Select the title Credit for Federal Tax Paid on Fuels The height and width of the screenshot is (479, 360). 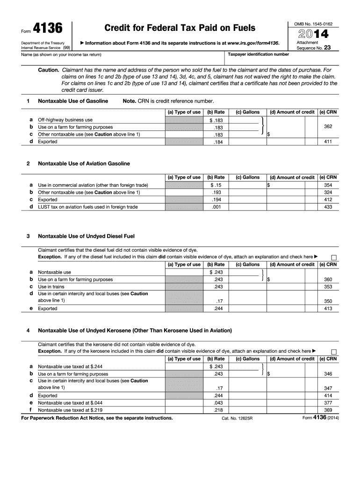[180, 28]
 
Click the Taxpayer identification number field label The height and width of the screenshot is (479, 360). [258, 54]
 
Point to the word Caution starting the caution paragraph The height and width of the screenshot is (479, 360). [48, 69]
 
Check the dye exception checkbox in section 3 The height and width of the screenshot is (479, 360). [334, 257]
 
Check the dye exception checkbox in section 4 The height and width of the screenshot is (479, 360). [334, 351]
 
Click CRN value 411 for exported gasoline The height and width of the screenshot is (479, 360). [328, 142]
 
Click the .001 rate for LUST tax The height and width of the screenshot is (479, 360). [216, 207]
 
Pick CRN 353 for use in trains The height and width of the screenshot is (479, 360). [328, 287]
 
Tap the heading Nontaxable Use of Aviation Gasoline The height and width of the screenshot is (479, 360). [84, 164]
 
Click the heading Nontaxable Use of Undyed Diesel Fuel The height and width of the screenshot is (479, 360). [86, 236]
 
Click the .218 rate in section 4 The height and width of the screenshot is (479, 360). [216, 410]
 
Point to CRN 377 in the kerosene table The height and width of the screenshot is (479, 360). [328, 403]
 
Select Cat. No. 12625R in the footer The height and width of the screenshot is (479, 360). [237, 418]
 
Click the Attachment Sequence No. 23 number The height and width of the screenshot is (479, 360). [327, 48]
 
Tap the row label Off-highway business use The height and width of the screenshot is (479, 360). [65, 120]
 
